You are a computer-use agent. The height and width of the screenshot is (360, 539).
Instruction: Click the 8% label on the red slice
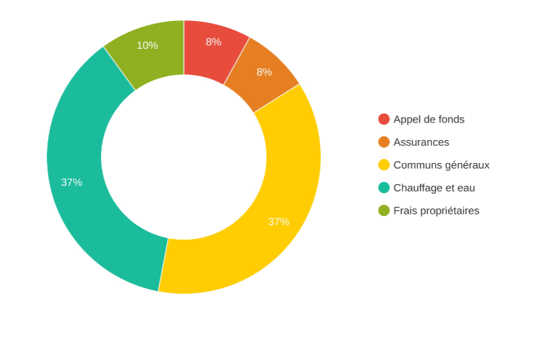pos(213,42)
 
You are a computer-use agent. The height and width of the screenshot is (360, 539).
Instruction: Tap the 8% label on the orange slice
pos(264,72)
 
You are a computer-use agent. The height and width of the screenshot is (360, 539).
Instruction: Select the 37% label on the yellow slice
pos(278,221)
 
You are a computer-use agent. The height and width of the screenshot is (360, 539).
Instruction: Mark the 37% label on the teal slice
pos(72,182)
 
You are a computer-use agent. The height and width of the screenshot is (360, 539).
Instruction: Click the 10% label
pos(147,45)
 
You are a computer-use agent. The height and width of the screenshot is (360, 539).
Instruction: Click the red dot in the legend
pos(384,119)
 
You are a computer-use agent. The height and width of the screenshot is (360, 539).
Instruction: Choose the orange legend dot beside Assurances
pos(384,142)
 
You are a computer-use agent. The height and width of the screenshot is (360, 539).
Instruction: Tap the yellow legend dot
pos(384,164)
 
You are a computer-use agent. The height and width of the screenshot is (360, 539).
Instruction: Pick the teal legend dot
pos(384,187)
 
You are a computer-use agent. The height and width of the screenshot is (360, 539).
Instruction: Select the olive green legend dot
pos(384,210)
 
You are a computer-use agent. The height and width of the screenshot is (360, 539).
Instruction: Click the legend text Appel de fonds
pos(429,119)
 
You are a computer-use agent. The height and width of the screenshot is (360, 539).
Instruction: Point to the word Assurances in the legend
pos(421,142)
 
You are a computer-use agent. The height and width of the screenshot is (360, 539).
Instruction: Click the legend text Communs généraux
pos(441,164)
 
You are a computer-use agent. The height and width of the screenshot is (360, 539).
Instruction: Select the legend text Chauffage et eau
pos(434,187)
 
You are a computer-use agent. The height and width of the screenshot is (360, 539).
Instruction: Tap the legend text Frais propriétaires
pos(436,210)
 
